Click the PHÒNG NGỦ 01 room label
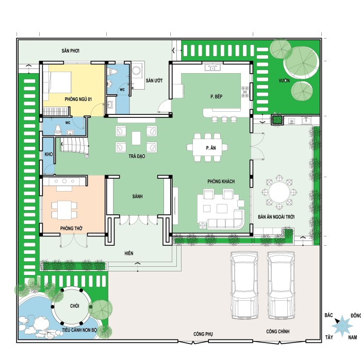click(78, 99)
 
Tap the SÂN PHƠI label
click(71, 50)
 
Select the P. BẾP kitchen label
click(217, 96)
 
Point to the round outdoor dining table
click(279, 192)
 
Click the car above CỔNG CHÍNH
click(282, 285)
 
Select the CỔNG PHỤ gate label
click(203, 334)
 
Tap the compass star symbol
click(342, 325)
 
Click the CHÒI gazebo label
click(75, 306)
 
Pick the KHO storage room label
click(48, 155)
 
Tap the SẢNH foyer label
click(138, 197)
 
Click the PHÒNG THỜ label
click(71, 228)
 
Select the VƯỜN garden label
click(284, 81)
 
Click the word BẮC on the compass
click(329, 315)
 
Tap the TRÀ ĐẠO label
click(137, 157)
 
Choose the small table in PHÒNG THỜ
click(64, 210)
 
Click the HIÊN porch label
click(129, 253)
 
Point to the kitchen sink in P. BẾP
click(212, 67)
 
